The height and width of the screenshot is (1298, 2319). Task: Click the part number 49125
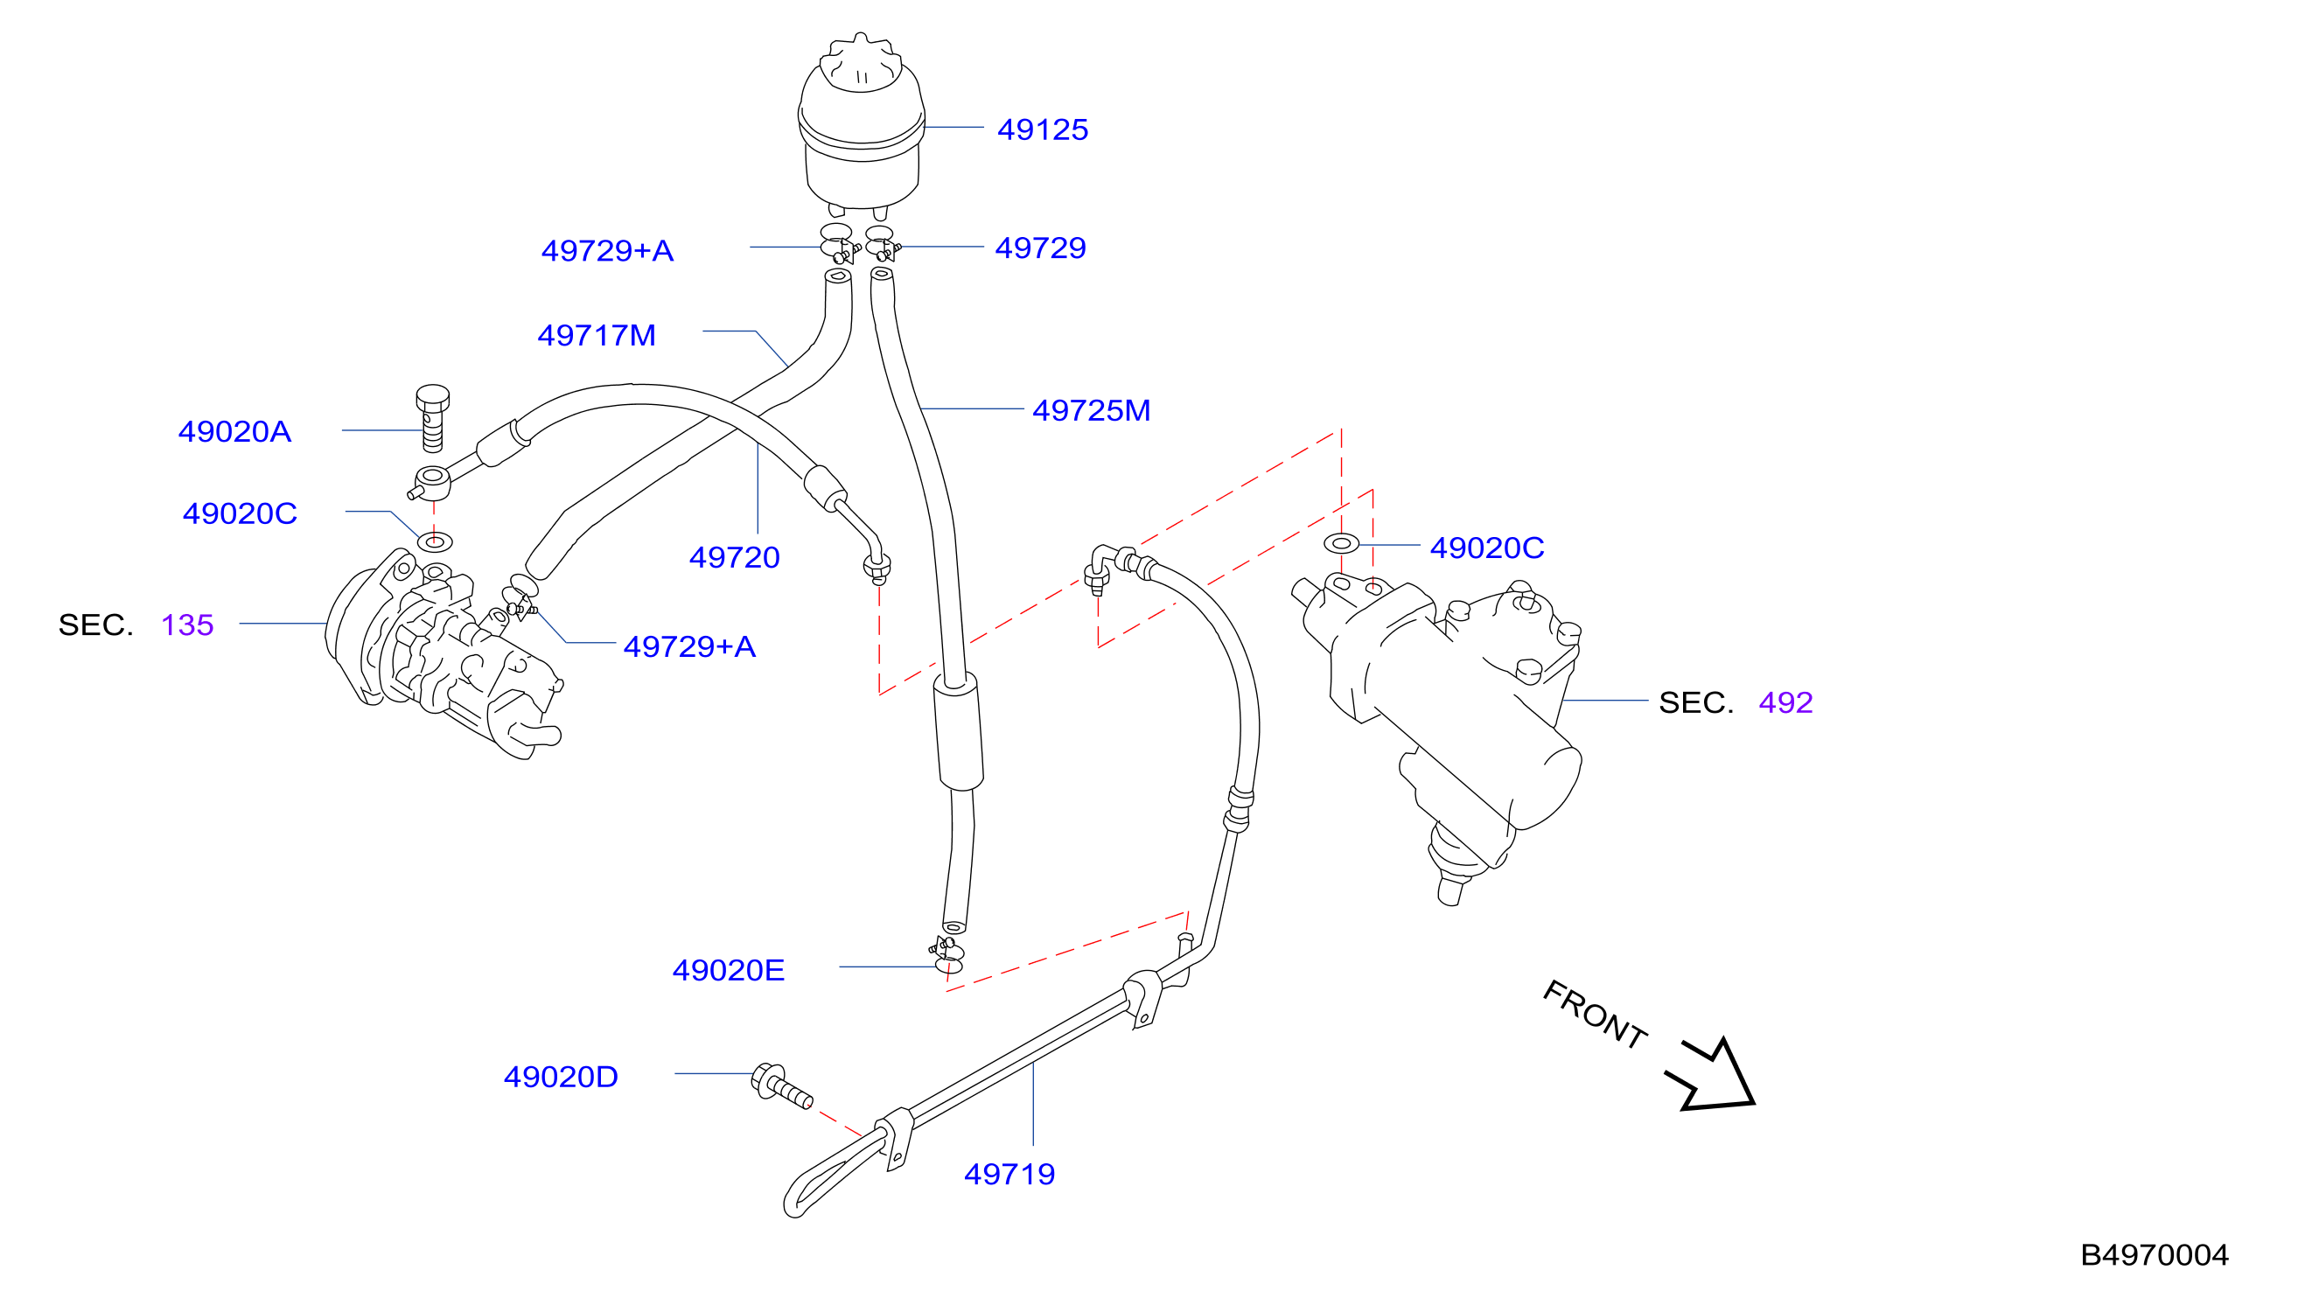point(1043,129)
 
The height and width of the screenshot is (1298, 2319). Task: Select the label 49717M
point(596,336)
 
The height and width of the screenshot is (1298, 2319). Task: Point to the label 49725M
point(1091,410)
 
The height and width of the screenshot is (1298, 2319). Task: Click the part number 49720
point(735,558)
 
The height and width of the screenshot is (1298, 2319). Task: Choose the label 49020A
point(235,432)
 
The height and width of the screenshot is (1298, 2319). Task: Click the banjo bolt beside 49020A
point(432,419)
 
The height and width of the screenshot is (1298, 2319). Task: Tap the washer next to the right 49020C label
point(1341,544)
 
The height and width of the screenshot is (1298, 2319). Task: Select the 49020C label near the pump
point(240,514)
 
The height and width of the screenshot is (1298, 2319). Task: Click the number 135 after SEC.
point(187,625)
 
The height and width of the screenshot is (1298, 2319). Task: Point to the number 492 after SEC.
point(1786,703)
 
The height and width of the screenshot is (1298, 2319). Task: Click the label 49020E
point(729,970)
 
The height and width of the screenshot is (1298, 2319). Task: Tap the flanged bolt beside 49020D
point(780,1085)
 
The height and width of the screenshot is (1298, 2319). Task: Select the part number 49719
point(1009,1175)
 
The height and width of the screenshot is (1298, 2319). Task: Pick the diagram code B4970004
point(2155,1256)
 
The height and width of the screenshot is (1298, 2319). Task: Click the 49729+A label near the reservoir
point(608,251)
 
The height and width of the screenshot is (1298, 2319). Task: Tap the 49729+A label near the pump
point(689,647)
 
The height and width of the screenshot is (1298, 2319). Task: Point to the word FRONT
point(1596,1015)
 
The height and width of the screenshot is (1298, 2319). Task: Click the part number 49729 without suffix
point(1041,248)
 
